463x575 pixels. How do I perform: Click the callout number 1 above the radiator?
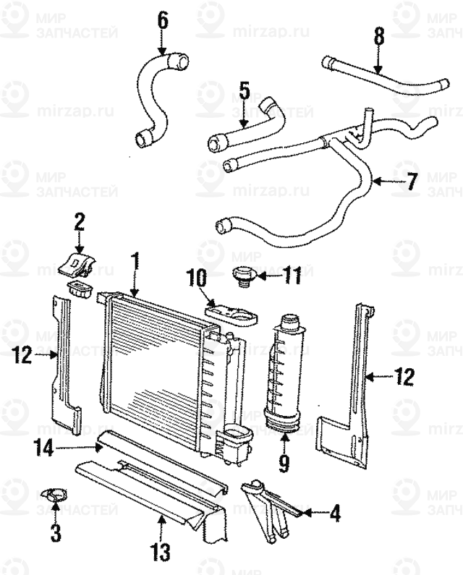click(135, 263)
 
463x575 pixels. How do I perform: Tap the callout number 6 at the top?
click(163, 19)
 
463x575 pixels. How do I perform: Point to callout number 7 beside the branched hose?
click(411, 181)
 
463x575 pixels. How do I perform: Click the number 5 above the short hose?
click(243, 91)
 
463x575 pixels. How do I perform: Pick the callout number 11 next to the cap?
click(290, 276)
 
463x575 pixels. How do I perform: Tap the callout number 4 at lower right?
click(334, 514)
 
